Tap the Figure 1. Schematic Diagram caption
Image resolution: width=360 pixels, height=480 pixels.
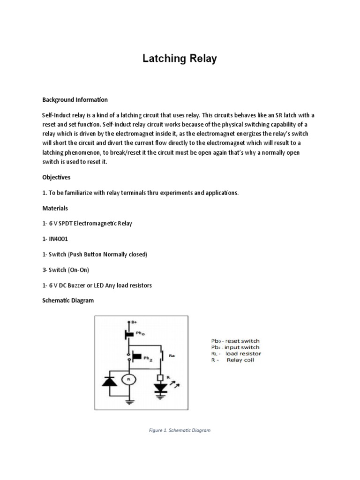pyautogui.click(x=180, y=430)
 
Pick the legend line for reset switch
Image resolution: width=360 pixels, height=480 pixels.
pyautogui.click(x=234, y=341)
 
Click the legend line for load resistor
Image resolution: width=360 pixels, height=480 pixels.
pyautogui.click(x=235, y=353)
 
